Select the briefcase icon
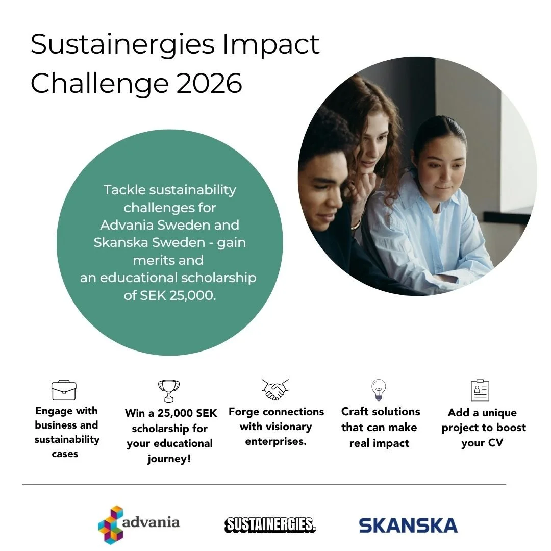pyautogui.click(x=64, y=391)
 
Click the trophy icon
pyautogui.click(x=169, y=391)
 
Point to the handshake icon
pyautogui.click(x=275, y=390)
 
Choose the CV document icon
pyautogui.click(x=480, y=390)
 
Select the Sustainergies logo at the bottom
pyautogui.click(x=270, y=524)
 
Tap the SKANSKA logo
pyautogui.click(x=408, y=525)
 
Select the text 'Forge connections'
pyautogui.click(x=276, y=412)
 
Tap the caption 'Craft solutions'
pyautogui.click(x=381, y=411)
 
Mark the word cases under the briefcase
pyautogui.click(x=65, y=454)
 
